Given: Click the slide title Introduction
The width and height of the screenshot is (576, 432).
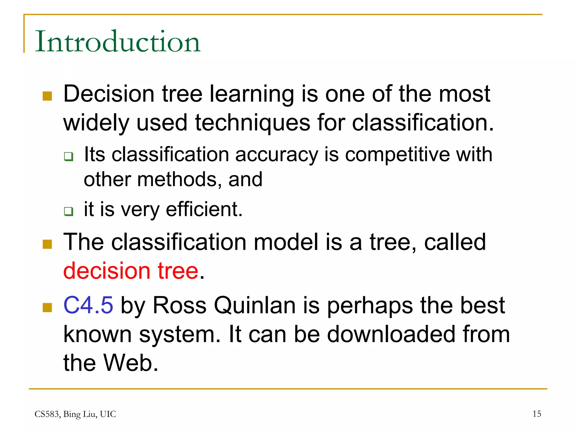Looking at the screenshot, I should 118,42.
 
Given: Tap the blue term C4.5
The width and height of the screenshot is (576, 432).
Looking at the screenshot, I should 88,305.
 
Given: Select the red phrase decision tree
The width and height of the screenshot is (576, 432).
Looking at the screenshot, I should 131,271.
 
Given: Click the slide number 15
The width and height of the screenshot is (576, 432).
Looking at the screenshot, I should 537,414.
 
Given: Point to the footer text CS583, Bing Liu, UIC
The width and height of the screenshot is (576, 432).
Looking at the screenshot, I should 75,414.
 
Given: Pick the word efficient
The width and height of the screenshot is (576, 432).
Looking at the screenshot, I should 204,209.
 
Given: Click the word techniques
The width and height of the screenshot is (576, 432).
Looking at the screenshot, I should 253,123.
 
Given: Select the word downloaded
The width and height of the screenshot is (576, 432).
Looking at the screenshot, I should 391,334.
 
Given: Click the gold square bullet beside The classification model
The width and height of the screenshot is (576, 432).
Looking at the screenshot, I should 47,244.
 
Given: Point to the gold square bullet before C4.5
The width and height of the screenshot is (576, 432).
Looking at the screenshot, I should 47,307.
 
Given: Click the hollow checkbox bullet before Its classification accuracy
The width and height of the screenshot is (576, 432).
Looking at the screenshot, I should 68,156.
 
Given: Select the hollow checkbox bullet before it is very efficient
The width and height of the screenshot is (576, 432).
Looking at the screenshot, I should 68,211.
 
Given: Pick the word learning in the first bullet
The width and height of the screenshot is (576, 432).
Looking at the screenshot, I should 252,94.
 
